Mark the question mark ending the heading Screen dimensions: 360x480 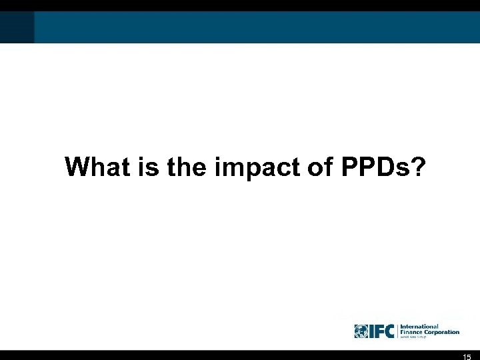point(416,167)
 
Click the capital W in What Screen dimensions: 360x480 point(77,167)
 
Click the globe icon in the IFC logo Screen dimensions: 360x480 point(361,331)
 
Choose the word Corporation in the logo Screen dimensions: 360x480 point(441,332)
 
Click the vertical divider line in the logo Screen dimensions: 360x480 point(397,331)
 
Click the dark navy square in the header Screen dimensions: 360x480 point(17,27)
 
